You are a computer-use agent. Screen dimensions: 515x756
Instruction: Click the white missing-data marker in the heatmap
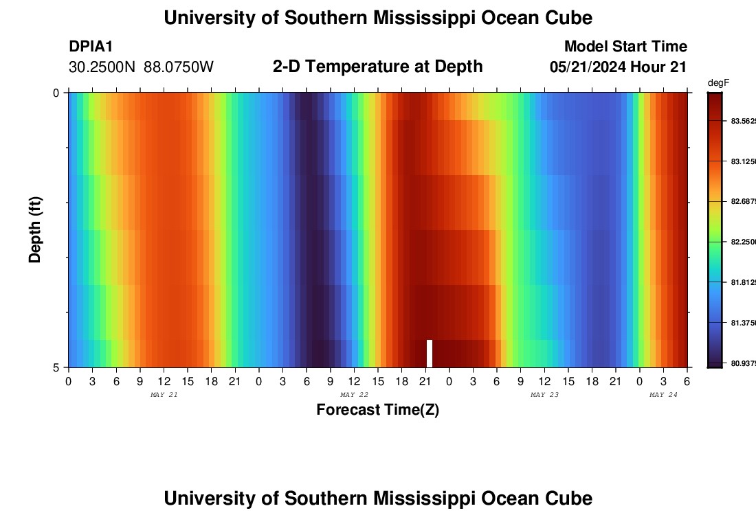[x=430, y=354]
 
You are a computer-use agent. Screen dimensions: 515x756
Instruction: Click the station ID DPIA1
[x=91, y=47]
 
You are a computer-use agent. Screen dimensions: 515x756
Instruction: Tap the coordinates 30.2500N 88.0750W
[x=141, y=67]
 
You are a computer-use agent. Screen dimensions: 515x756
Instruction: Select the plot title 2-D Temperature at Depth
[x=377, y=67]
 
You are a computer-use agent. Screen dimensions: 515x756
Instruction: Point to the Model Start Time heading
[x=625, y=47]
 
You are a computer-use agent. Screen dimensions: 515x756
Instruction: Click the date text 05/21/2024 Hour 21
[x=618, y=67]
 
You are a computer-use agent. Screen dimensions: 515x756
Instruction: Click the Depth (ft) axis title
[x=36, y=229]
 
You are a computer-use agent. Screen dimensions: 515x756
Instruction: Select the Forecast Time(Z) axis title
[x=377, y=410]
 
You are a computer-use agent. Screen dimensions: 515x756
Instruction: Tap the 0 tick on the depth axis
[x=56, y=93]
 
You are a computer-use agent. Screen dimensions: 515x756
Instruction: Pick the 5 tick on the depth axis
[x=56, y=367]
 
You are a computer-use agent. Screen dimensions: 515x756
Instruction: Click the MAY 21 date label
[x=164, y=395]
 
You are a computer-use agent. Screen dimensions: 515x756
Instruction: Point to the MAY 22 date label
[x=354, y=395]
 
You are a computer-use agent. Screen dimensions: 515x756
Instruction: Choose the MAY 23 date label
[x=544, y=395]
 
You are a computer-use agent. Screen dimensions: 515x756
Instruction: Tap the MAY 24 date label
[x=663, y=395]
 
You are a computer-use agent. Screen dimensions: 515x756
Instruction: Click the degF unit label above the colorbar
[x=718, y=83]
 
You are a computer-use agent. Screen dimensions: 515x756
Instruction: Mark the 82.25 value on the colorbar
[x=742, y=242]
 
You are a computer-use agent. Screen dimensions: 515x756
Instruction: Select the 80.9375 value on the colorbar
[x=742, y=363]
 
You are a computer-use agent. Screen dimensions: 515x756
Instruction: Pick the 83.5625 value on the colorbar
[x=742, y=121]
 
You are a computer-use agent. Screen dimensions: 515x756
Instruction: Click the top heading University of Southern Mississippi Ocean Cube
[x=377, y=18]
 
